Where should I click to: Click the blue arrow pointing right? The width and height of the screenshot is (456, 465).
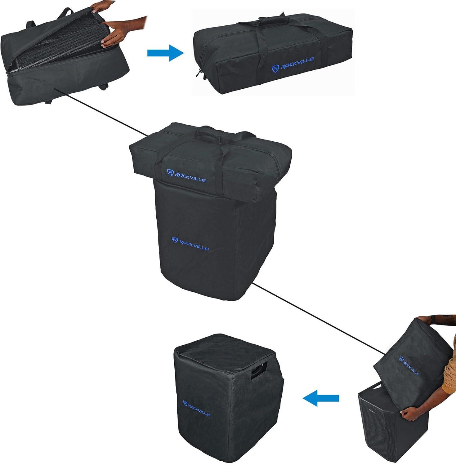165,53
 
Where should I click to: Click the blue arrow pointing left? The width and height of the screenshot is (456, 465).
321,398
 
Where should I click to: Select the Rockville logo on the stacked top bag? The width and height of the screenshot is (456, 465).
186,175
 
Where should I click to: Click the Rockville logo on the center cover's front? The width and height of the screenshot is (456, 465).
190,244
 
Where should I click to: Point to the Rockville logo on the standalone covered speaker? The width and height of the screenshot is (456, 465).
196,408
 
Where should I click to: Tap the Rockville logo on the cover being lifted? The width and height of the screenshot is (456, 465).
409,366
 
